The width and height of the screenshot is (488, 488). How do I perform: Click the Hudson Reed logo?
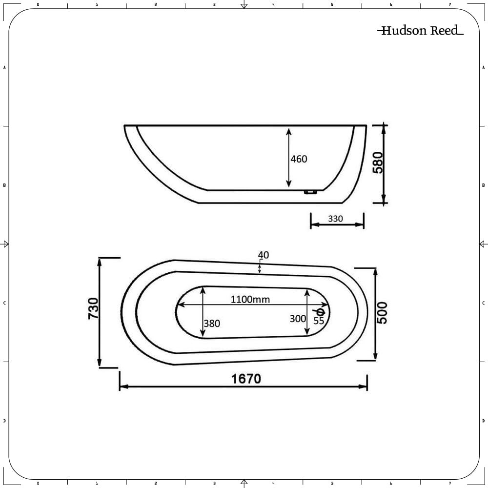(x=421, y=30)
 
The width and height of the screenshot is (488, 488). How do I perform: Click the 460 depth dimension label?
(x=299, y=159)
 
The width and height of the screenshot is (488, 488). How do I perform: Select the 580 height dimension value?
(x=378, y=163)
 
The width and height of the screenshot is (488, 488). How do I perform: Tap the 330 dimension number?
(x=335, y=219)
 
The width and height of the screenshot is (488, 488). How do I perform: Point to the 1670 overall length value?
(x=246, y=379)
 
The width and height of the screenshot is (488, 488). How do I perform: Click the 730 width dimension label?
(x=93, y=308)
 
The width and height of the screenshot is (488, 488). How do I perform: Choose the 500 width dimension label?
(x=383, y=312)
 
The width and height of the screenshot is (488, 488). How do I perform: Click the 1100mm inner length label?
(x=250, y=300)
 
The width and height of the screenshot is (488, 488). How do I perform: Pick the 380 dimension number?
(x=212, y=324)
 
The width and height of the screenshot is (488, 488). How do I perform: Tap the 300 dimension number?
(x=298, y=319)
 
